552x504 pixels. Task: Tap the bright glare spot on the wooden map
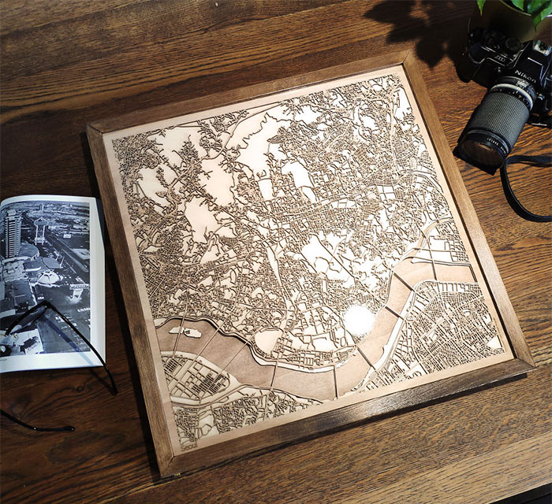click(359, 320)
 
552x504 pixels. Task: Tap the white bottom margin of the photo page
click(47, 361)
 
